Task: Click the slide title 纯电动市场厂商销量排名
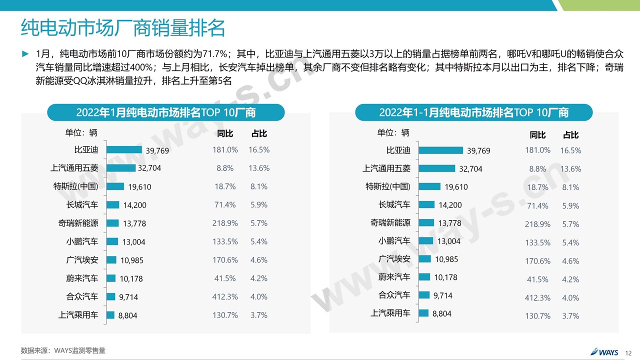pos(122,28)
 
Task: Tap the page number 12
pos(628,352)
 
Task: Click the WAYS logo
pos(605,351)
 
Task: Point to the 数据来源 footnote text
pos(63,350)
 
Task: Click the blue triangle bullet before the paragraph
pos(25,53)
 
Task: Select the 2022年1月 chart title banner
pos(165,112)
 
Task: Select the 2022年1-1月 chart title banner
pos(473,112)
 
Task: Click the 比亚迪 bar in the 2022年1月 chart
pos(124,149)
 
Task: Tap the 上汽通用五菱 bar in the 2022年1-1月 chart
pos(436,168)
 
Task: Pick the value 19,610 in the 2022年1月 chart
pos(139,187)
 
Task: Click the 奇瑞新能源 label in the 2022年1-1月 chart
pos(390,222)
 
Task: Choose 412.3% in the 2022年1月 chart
pos(225,296)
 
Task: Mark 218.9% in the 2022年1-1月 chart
pos(537,224)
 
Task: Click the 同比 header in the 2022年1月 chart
pos(225,134)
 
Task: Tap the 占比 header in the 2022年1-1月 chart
pos(570,135)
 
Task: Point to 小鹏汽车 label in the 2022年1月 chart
pos(82,241)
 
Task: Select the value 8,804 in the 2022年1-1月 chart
pos(441,313)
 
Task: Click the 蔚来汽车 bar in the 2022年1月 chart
pos(110,278)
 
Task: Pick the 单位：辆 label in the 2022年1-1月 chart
pos(393,132)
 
